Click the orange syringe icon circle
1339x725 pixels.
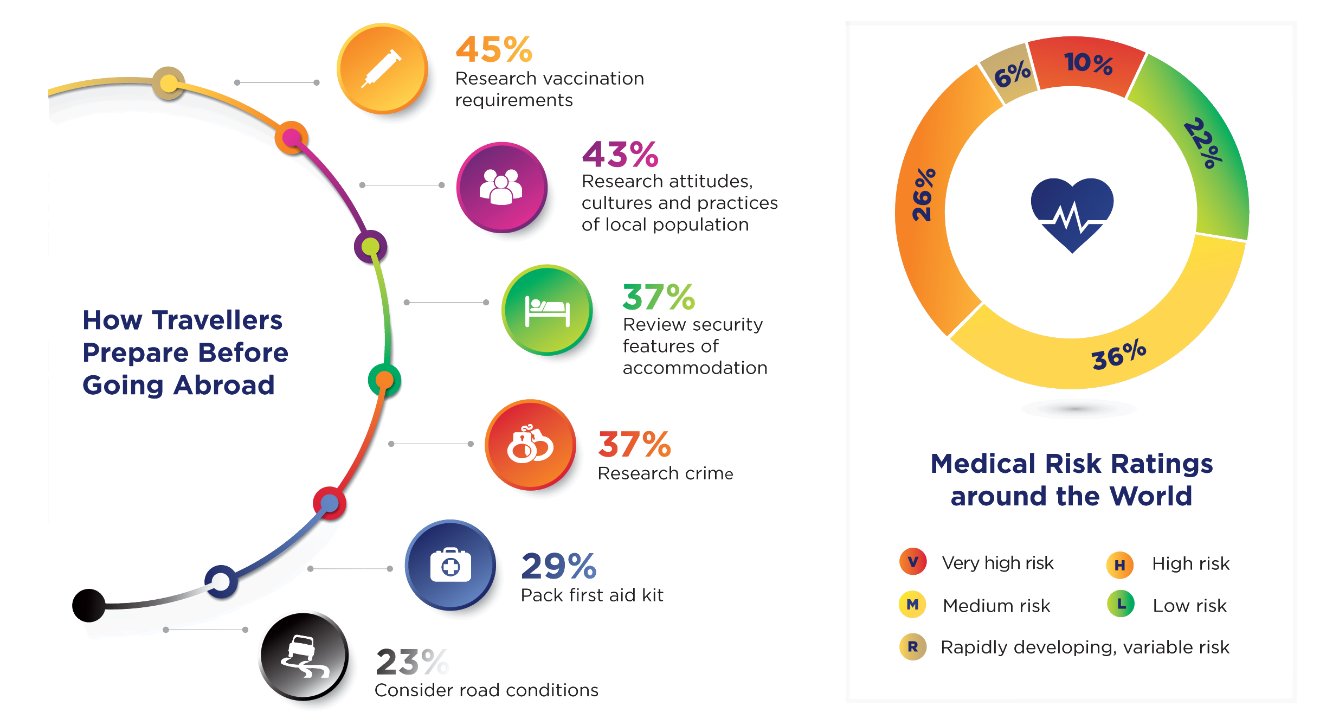click(x=382, y=69)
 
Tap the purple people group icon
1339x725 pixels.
click(x=501, y=187)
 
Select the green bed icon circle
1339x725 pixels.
click(x=547, y=310)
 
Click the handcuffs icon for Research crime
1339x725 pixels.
click(x=530, y=445)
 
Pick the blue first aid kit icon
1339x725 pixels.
click(x=450, y=565)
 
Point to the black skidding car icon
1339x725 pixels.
click(x=304, y=656)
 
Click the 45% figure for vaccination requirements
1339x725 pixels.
click(x=494, y=50)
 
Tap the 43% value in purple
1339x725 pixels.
click(x=620, y=155)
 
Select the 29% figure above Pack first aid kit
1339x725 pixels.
click(x=558, y=567)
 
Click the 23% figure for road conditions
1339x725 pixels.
click(x=412, y=662)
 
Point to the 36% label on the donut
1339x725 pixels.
click(x=1118, y=356)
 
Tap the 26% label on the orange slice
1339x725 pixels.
click(x=923, y=195)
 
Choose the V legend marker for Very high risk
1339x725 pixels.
click(x=913, y=561)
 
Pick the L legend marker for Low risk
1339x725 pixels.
click(x=1121, y=604)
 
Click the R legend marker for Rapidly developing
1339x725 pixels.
click(x=913, y=646)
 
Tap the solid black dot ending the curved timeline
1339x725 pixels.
click(x=89, y=605)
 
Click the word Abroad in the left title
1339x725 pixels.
click(x=224, y=386)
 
